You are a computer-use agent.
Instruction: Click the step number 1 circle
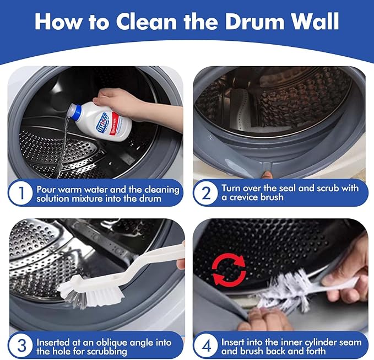tap(20, 194)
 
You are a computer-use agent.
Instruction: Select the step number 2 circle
tap(205, 194)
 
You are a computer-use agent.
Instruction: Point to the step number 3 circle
tap(20, 346)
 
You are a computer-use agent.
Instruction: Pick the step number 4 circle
tap(205, 346)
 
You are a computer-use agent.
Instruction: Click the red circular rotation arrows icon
tap(229, 270)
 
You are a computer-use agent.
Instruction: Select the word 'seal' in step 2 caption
tap(292, 188)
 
